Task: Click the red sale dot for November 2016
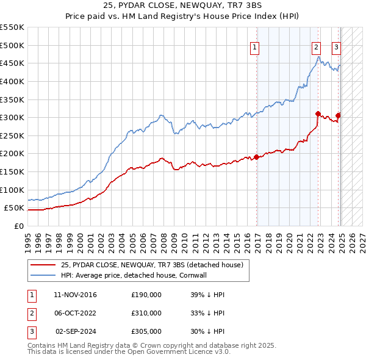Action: (x=257, y=157)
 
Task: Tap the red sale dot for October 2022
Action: (x=318, y=113)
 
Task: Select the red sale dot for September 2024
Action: (x=338, y=115)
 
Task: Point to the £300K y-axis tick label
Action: (x=12, y=117)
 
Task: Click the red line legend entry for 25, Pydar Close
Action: (x=152, y=265)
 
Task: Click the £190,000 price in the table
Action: (x=146, y=295)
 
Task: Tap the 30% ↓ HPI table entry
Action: (x=207, y=331)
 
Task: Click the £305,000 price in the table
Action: (x=146, y=331)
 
